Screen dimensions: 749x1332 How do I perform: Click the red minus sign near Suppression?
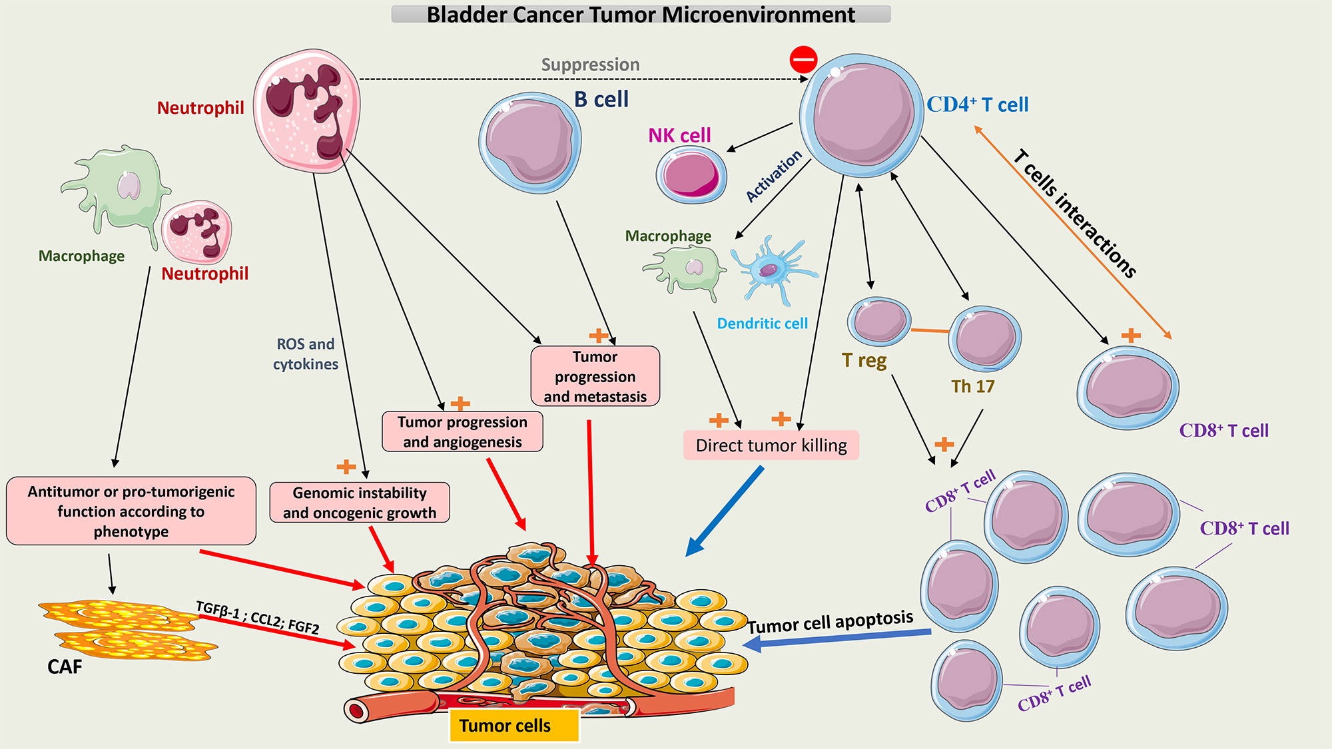coord(803,59)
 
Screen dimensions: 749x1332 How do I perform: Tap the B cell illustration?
coord(530,142)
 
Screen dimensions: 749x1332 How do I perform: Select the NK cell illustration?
coord(691,174)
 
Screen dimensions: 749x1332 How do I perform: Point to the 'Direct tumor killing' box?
coord(771,445)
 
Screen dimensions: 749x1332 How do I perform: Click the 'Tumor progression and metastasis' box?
coord(595,376)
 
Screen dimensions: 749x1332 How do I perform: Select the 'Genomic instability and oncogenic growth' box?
coord(360,503)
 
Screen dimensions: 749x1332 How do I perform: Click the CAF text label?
coord(65,666)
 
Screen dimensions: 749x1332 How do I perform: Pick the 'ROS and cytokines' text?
coord(306,354)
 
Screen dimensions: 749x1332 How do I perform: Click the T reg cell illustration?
coord(878,321)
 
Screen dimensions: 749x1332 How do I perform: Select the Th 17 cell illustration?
coord(984,338)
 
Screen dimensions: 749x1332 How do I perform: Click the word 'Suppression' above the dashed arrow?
coord(590,65)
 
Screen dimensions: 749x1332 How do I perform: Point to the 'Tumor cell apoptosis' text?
coord(830,623)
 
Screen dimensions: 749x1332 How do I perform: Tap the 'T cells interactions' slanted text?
coord(1074,213)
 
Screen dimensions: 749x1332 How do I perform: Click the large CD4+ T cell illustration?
coord(862,116)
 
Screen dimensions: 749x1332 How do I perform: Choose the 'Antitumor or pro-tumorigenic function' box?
coord(131,511)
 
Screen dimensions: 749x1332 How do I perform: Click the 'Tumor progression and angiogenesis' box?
coord(462,431)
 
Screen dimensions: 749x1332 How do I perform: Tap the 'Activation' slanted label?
coord(773,176)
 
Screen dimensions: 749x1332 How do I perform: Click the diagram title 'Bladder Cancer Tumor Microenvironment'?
coord(641,14)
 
